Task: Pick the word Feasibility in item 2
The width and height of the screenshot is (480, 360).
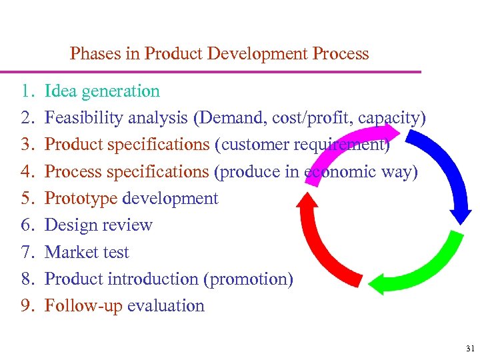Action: click(x=83, y=118)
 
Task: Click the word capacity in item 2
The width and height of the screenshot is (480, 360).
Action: click(x=389, y=118)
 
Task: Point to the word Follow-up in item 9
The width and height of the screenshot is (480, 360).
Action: click(x=83, y=305)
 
